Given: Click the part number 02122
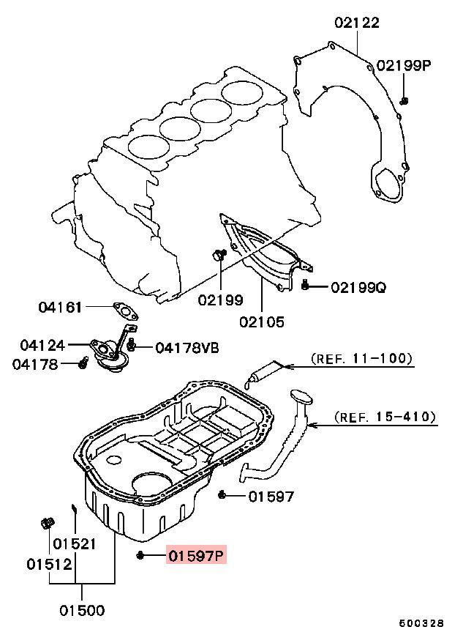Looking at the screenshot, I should [357, 23].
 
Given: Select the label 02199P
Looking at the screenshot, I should [404, 66].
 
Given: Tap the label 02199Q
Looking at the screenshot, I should [358, 287].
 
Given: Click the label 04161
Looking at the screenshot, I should [61, 308].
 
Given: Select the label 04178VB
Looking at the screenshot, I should [187, 347].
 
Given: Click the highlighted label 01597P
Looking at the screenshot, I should [195, 556].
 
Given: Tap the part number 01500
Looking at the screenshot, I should [82, 610].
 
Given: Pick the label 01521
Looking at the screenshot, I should [73, 544].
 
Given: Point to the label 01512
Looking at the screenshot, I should [50, 565].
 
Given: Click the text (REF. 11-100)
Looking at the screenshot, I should [361, 359].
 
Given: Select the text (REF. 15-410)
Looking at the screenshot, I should [385, 417].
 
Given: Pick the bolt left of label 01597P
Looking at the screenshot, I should [140, 556].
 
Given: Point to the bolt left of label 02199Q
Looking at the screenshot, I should [306, 287].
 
